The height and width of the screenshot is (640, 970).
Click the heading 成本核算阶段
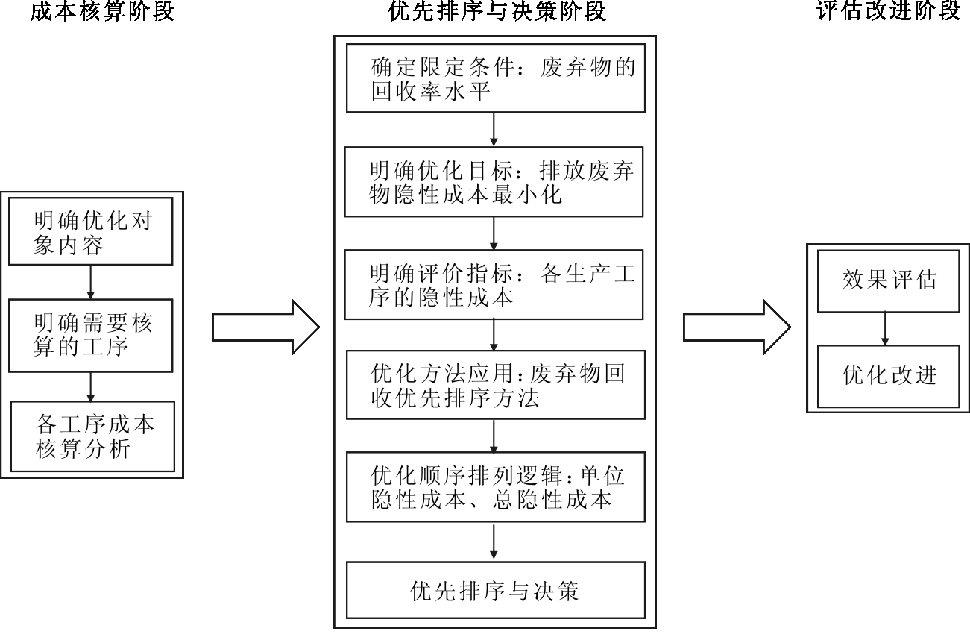click(x=102, y=12)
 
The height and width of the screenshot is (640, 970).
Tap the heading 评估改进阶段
click(x=889, y=12)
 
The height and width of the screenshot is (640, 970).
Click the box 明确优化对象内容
click(x=92, y=231)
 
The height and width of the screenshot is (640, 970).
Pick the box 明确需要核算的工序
click(x=92, y=334)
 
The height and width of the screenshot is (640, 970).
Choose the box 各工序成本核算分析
click(x=92, y=436)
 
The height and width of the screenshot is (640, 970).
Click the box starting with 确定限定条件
click(x=495, y=78)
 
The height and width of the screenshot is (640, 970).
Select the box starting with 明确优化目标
click(x=495, y=181)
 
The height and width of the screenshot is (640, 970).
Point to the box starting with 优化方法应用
click(x=495, y=385)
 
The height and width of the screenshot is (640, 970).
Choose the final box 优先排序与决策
click(x=495, y=590)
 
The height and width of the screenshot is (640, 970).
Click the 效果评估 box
click(x=888, y=280)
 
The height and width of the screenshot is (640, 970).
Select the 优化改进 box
click(x=888, y=375)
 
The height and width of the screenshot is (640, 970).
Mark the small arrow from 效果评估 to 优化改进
click(x=885, y=328)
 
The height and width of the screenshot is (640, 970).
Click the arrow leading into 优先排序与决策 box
click(x=494, y=542)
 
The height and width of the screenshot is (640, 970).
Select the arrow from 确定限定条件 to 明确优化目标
click(x=494, y=129)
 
